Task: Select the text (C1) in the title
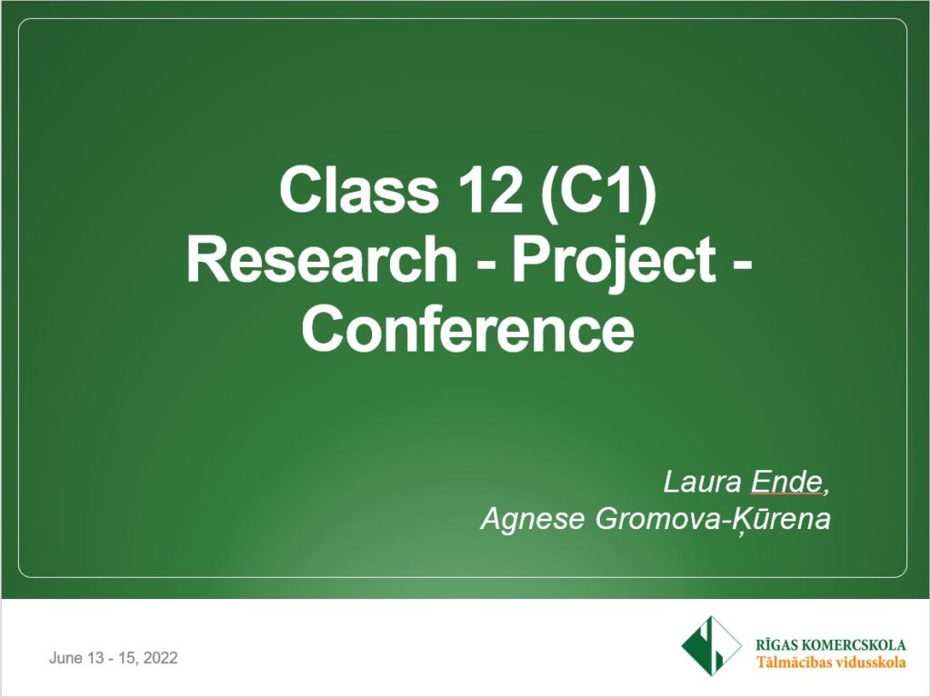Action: pos(598,194)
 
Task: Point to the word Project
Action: pos(614,264)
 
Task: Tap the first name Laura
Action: pos(702,482)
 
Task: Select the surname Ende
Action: pos(786,482)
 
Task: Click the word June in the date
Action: pos(65,658)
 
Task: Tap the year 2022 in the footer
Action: pos(160,658)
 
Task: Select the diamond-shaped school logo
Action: pos(711,646)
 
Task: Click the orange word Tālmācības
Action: pos(793,663)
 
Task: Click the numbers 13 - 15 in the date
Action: pos(112,658)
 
